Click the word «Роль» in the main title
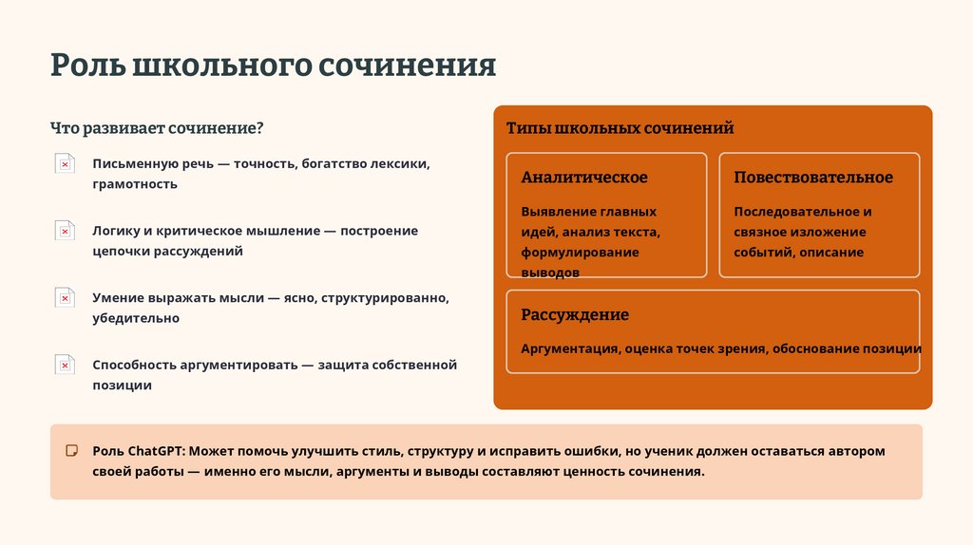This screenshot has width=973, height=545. click(87, 66)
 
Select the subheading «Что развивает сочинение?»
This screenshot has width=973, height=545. click(157, 127)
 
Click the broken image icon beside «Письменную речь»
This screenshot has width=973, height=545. click(65, 164)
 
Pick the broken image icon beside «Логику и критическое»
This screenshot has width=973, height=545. click(65, 231)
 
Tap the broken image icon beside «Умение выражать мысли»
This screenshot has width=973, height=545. click(65, 298)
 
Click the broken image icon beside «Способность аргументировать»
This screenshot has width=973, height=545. click(65, 365)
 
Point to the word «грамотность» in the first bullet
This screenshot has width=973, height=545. click(135, 184)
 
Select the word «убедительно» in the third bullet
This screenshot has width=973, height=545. click(136, 319)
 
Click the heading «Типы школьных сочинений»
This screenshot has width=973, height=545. click(620, 128)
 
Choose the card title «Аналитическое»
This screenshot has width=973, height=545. click(584, 178)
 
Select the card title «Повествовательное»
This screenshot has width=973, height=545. click(813, 178)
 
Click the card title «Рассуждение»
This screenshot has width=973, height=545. click(575, 314)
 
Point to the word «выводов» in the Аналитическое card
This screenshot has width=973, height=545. click(550, 272)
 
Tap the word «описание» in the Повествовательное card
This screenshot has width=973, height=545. click(831, 253)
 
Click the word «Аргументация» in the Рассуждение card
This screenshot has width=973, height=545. click(569, 348)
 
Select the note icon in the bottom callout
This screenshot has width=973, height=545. click(71, 450)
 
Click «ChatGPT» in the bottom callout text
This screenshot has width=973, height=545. click(155, 451)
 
